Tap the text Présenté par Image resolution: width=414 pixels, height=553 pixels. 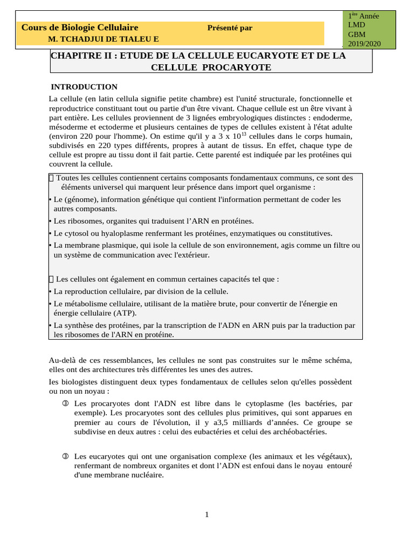tap(230, 28)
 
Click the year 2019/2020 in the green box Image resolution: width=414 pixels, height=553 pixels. tap(364, 43)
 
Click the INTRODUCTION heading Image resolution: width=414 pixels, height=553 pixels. tap(84, 87)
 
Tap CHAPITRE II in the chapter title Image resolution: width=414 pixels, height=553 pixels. tap(81, 56)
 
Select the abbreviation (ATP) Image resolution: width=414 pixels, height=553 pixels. tap(125, 313)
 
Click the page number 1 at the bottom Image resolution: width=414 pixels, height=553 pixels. tap(206, 515)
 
